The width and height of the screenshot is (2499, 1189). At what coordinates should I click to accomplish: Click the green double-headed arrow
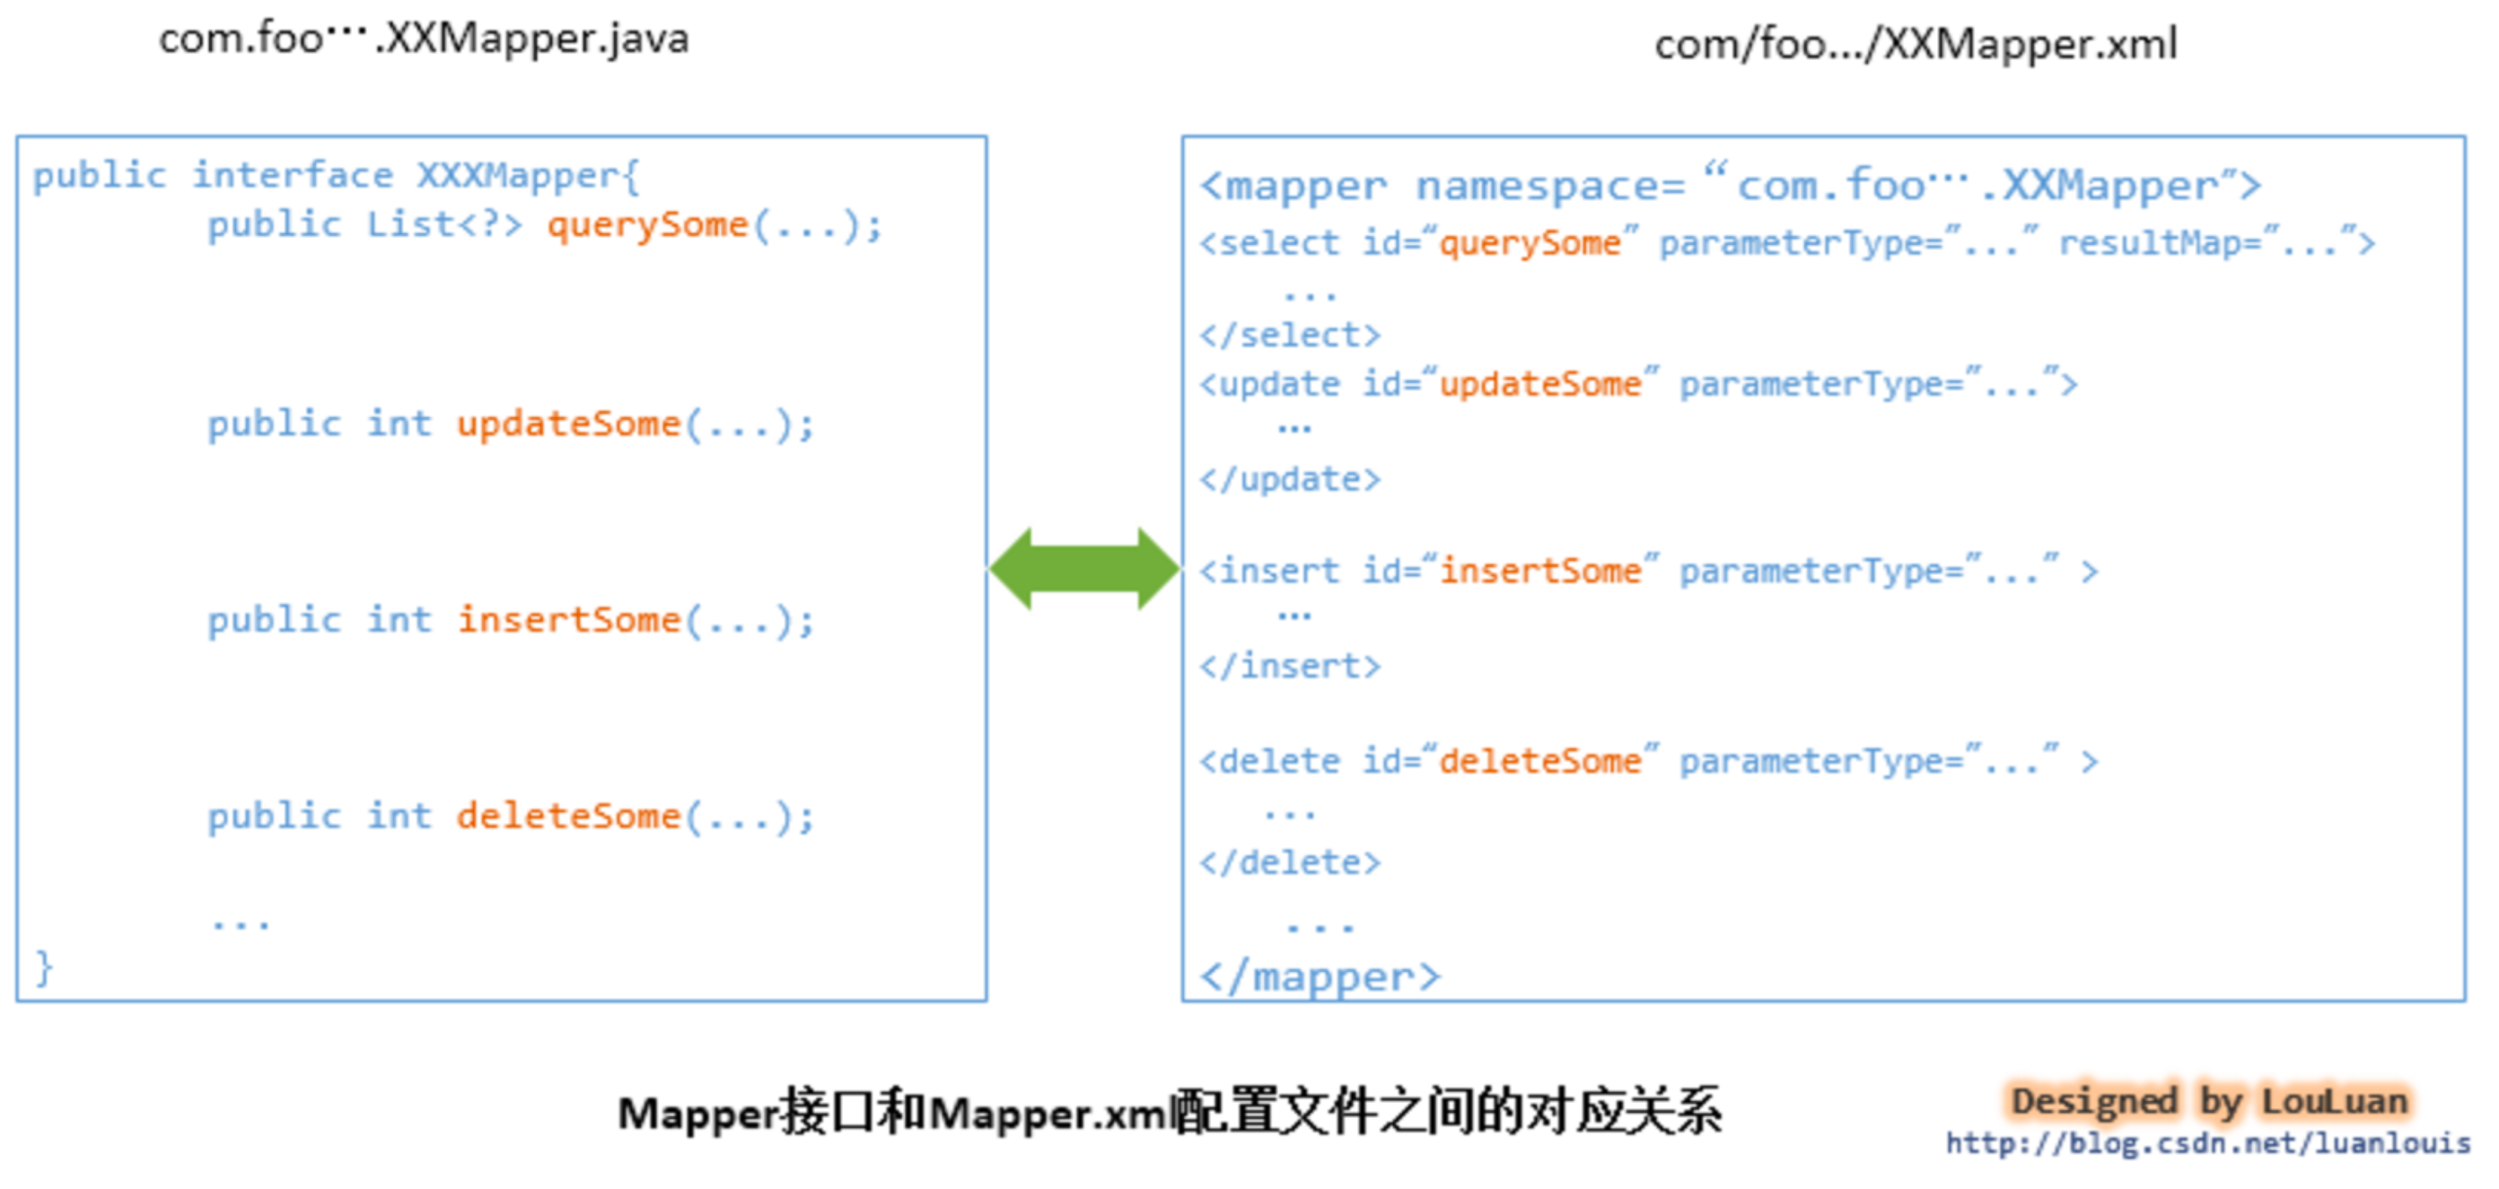click(1083, 569)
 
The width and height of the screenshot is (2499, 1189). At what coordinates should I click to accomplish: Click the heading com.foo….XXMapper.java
click(424, 39)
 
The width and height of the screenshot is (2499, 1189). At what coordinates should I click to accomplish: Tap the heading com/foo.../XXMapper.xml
click(1915, 45)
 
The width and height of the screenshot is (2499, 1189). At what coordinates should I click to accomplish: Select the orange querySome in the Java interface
click(647, 225)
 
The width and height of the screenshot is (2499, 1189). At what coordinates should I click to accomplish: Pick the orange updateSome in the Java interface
click(568, 424)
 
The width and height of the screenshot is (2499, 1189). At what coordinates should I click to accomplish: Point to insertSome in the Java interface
click(568, 620)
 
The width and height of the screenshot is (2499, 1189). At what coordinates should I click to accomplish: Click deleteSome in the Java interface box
click(568, 817)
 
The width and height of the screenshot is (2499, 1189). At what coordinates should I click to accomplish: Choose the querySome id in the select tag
click(1529, 242)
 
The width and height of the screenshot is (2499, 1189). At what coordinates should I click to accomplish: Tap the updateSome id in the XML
click(1539, 384)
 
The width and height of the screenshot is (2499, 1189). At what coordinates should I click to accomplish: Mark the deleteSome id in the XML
click(1539, 761)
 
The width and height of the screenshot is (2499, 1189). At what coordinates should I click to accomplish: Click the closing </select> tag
click(1289, 336)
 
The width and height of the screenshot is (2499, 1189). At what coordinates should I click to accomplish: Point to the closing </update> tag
click(1289, 479)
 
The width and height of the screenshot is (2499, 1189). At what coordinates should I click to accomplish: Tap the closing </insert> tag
click(1289, 666)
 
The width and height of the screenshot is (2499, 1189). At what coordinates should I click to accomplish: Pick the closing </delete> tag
click(1289, 862)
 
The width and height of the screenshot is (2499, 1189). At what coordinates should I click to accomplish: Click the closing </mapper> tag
click(1320, 976)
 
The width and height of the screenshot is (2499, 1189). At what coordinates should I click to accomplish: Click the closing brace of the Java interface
click(44, 968)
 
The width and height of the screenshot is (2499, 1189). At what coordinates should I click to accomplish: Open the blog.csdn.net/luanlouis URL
click(2208, 1143)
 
